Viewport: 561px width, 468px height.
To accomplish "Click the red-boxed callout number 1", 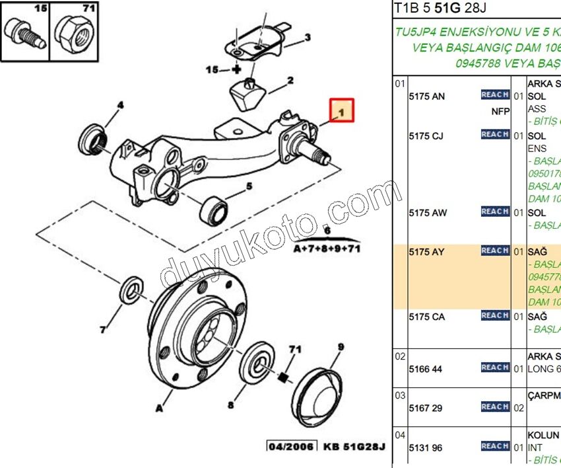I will [x=343, y=110].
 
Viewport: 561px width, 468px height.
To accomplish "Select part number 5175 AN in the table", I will [x=426, y=97].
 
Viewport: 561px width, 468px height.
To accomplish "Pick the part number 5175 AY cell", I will [x=426, y=252].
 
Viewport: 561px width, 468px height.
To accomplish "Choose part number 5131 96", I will [x=425, y=448].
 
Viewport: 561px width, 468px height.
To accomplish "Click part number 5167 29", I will [x=425, y=408].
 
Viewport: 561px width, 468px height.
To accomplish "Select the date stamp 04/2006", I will [x=292, y=446].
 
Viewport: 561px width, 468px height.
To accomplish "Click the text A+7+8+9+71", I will [x=327, y=249].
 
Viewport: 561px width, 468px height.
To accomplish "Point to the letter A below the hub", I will [x=159, y=409].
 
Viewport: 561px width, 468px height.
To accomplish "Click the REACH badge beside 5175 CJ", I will [x=494, y=134].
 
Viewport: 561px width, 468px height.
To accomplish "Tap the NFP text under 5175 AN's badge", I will [x=500, y=111].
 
